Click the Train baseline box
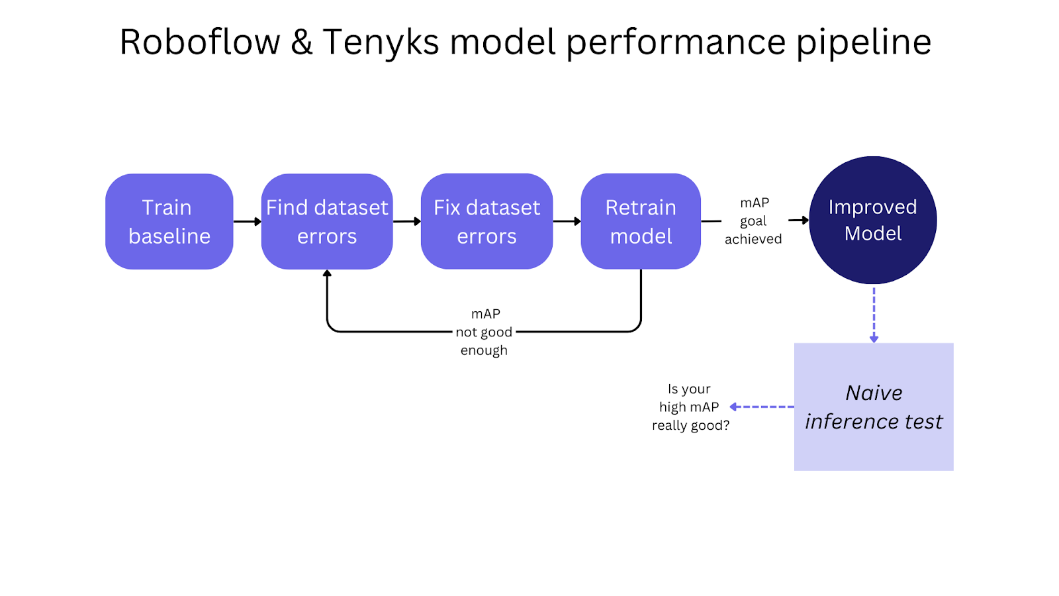tap(169, 221)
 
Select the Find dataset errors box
tap(327, 221)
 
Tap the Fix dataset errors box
tap(486, 221)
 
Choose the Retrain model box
tap(641, 221)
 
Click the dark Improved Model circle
tap(872, 220)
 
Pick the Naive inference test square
tap(874, 407)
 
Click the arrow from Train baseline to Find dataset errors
tap(247, 221)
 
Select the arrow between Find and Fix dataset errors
tap(406, 221)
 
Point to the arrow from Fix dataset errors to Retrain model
tap(567, 221)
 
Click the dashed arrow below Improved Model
tap(874, 314)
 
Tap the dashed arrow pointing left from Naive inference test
tap(761, 407)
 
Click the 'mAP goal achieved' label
tap(753, 221)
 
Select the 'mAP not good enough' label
tap(484, 332)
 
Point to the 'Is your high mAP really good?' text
tap(690, 407)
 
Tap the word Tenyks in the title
tap(381, 42)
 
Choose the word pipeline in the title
tap(863, 42)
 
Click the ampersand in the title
tap(301, 42)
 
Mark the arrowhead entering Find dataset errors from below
tap(327, 273)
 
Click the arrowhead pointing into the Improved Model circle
tap(804, 220)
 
